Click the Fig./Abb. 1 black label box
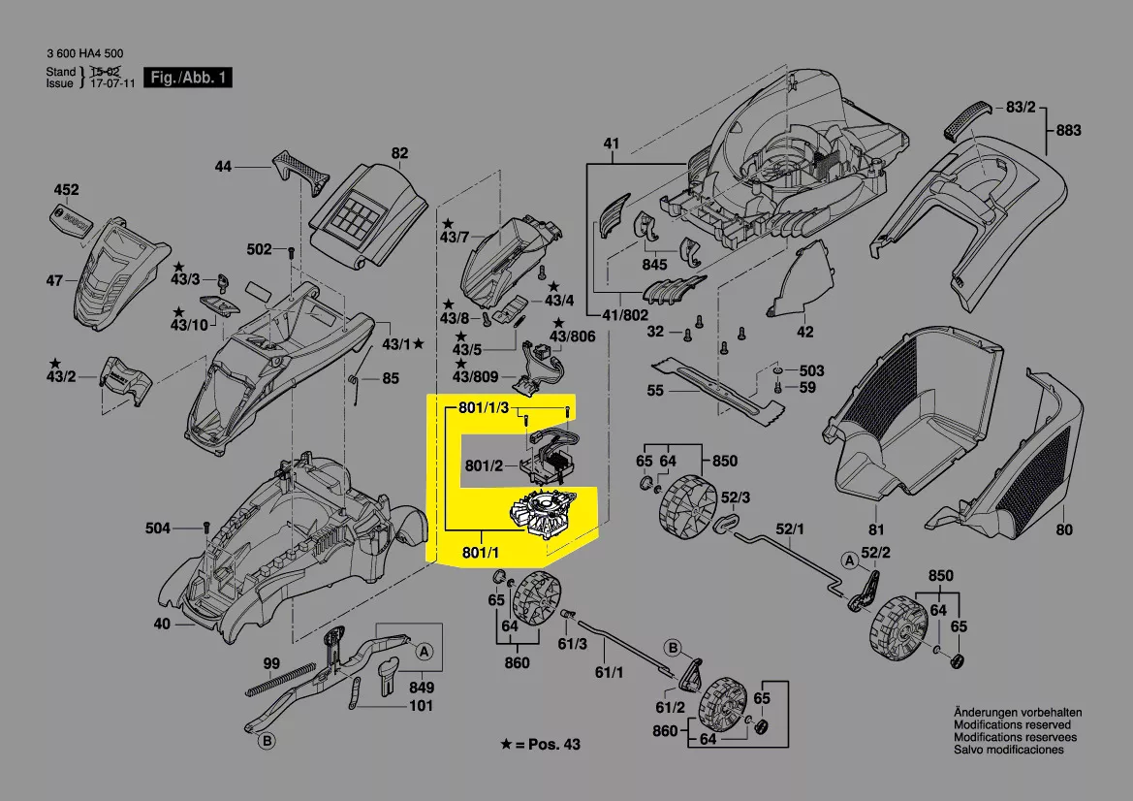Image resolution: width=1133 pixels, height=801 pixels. coord(188,78)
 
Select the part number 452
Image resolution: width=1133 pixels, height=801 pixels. coord(66,190)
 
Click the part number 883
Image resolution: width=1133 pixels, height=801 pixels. coord(1069,130)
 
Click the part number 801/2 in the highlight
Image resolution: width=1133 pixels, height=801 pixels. coord(484,466)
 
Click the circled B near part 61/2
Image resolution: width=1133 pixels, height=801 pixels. coord(672,648)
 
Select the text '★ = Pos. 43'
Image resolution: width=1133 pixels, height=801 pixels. coord(540,744)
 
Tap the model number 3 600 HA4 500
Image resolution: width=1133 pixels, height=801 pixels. coord(84,54)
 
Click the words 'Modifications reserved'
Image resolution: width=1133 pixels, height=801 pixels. coord(1012,724)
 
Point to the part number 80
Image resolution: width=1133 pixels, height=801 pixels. coord(1064,529)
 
